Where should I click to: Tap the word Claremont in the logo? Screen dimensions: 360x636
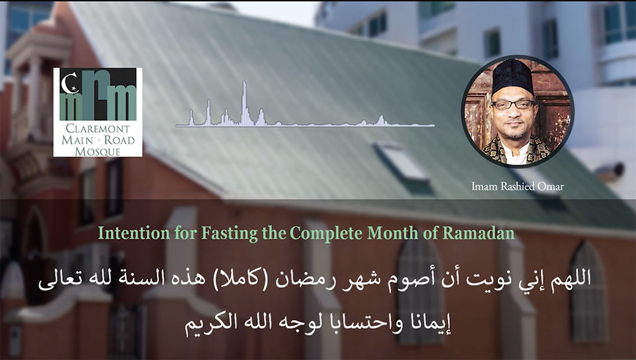(97, 129)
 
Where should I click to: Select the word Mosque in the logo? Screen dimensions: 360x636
(97, 151)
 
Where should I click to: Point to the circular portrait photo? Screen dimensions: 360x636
(517, 111)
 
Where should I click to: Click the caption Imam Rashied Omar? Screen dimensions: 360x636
(517, 187)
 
